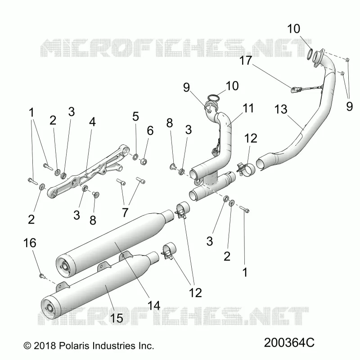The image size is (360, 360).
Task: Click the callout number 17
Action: click(246, 61)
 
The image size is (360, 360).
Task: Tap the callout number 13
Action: click(281, 109)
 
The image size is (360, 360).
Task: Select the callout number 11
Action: click(248, 108)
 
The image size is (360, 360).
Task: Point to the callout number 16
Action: click(30, 243)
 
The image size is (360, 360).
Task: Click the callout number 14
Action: click(154, 306)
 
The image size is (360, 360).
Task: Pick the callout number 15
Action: click(117, 318)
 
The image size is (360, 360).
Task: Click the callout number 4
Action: click(92, 122)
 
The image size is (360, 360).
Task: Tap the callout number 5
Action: click(136, 117)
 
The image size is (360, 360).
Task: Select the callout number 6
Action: click(150, 130)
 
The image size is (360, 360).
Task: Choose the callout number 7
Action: click(125, 212)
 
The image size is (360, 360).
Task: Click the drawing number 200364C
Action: click(289, 343)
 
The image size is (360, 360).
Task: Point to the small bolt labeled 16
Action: click(42, 275)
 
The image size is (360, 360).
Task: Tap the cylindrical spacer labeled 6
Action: click(144, 161)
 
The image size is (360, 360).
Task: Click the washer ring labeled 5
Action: click(135, 157)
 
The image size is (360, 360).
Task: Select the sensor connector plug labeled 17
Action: click(295, 90)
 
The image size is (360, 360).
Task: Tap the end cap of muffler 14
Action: click(66, 266)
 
